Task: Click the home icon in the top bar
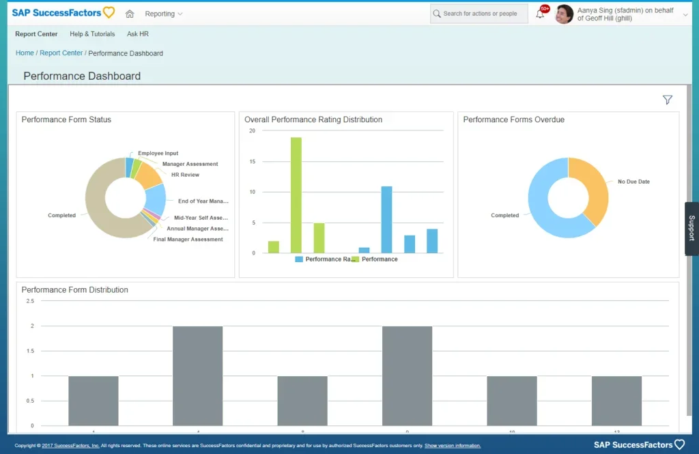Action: pyautogui.click(x=130, y=14)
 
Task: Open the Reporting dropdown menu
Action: pyautogui.click(x=164, y=14)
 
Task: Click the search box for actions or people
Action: pyautogui.click(x=479, y=14)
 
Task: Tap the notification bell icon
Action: pyautogui.click(x=540, y=14)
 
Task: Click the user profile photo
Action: pyautogui.click(x=564, y=14)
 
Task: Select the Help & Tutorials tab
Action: pyautogui.click(x=92, y=34)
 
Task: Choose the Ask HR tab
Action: pyautogui.click(x=137, y=34)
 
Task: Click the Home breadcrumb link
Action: pyautogui.click(x=25, y=53)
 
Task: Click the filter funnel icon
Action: pyautogui.click(x=667, y=100)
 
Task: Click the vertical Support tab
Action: pyautogui.click(x=691, y=228)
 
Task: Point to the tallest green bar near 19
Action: pyautogui.click(x=296, y=195)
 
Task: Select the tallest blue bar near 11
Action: pyautogui.click(x=386, y=219)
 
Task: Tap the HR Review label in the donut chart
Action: pyautogui.click(x=185, y=175)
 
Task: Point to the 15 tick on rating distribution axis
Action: pyautogui.click(x=252, y=162)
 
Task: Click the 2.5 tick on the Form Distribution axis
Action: pyautogui.click(x=29, y=301)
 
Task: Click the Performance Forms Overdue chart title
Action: pyautogui.click(x=513, y=119)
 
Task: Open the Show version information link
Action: pyautogui.click(x=452, y=446)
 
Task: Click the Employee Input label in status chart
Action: pyautogui.click(x=158, y=154)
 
